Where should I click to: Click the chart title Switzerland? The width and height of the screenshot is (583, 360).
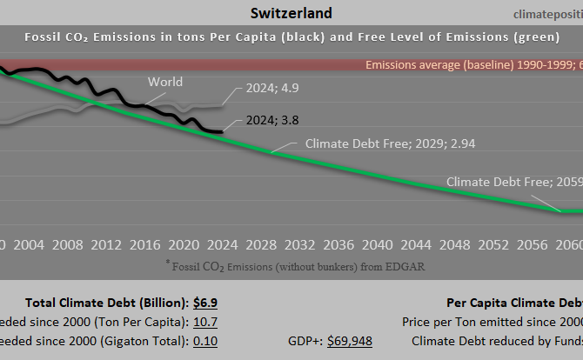click(x=291, y=13)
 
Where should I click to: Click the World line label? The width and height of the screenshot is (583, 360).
click(x=165, y=82)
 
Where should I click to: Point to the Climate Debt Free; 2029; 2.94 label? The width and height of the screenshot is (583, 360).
click(x=389, y=143)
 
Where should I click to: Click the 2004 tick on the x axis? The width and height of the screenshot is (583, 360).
click(x=30, y=245)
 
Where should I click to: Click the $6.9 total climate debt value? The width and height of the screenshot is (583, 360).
click(x=204, y=303)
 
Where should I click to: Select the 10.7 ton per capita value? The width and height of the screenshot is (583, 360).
click(x=204, y=322)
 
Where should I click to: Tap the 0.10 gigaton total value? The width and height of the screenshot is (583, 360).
click(x=204, y=341)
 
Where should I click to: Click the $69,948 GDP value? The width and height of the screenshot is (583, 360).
click(x=350, y=341)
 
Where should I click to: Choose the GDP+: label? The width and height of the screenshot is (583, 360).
click(x=305, y=341)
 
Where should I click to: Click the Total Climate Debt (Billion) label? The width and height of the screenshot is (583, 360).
click(x=106, y=303)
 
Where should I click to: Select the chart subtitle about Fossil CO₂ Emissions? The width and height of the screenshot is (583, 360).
click(x=291, y=37)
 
